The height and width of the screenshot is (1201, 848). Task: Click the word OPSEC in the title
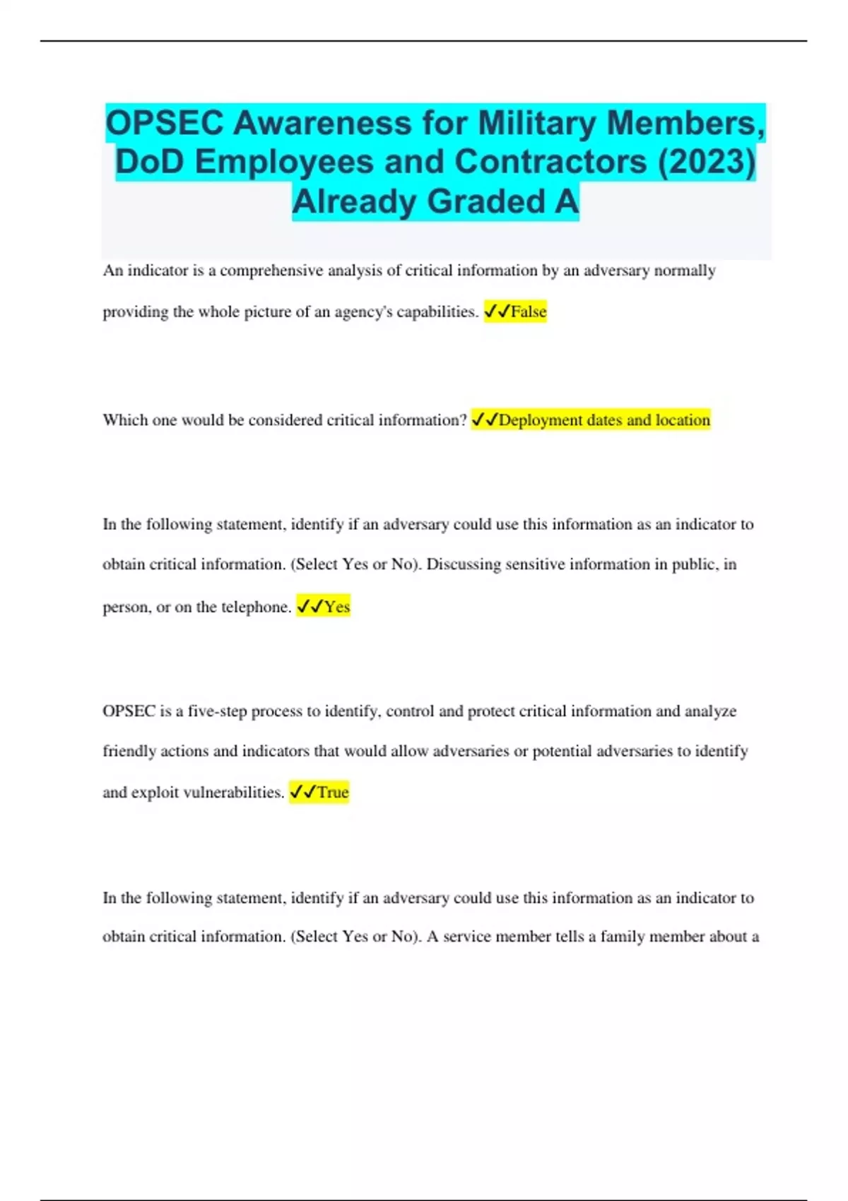click(x=165, y=123)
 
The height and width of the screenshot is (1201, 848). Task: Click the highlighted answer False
click(x=529, y=312)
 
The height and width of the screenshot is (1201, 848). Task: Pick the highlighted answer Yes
click(x=336, y=607)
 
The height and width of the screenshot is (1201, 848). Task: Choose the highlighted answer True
click(x=332, y=793)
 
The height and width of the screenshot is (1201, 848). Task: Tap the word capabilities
click(x=439, y=312)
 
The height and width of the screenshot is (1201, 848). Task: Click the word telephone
click(x=256, y=607)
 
